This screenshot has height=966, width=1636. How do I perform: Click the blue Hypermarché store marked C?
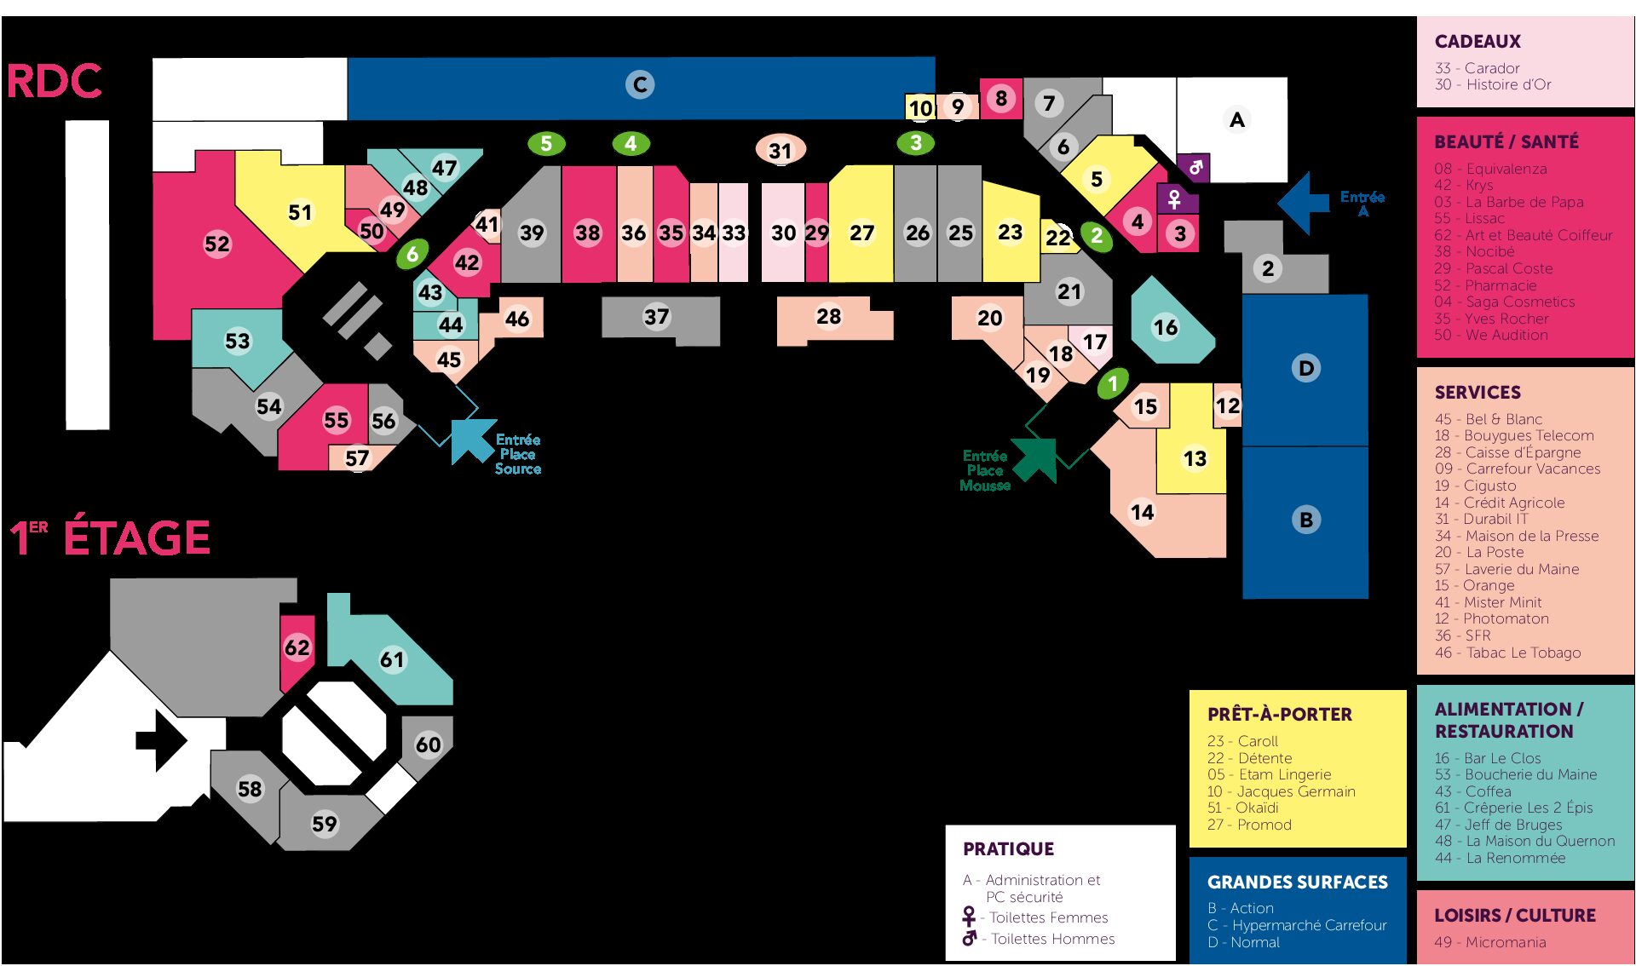click(640, 85)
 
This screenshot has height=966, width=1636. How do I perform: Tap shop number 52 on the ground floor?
click(217, 244)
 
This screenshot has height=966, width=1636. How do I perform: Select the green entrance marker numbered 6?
click(412, 253)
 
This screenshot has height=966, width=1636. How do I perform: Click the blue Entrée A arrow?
click(1304, 202)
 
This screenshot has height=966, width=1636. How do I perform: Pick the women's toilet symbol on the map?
click(1174, 199)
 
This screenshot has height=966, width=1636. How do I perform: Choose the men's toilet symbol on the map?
click(1195, 167)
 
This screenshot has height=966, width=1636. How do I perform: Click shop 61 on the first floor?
click(392, 659)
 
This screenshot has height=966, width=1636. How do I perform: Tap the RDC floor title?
click(55, 82)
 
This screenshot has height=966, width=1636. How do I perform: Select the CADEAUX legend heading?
click(1478, 42)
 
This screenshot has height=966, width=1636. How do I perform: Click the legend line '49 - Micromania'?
click(1489, 942)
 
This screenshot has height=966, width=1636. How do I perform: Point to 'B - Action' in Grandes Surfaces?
click(1241, 908)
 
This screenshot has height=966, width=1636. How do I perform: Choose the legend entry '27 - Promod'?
click(1249, 825)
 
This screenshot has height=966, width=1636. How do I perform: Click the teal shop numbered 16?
click(1166, 327)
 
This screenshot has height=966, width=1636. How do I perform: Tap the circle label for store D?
click(1305, 368)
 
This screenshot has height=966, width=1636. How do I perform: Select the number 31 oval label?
click(781, 151)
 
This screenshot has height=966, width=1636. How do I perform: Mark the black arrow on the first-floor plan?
click(161, 739)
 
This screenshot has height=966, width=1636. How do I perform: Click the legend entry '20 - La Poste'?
click(1479, 552)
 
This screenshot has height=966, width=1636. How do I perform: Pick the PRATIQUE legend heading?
click(1008, 848)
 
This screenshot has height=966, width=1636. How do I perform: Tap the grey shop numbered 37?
click(656, 318)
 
